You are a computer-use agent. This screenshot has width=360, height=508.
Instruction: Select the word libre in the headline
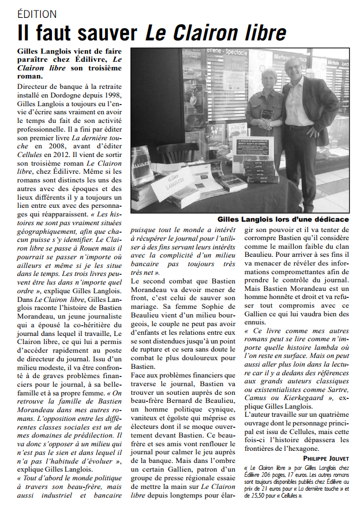tap(262, 32)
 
